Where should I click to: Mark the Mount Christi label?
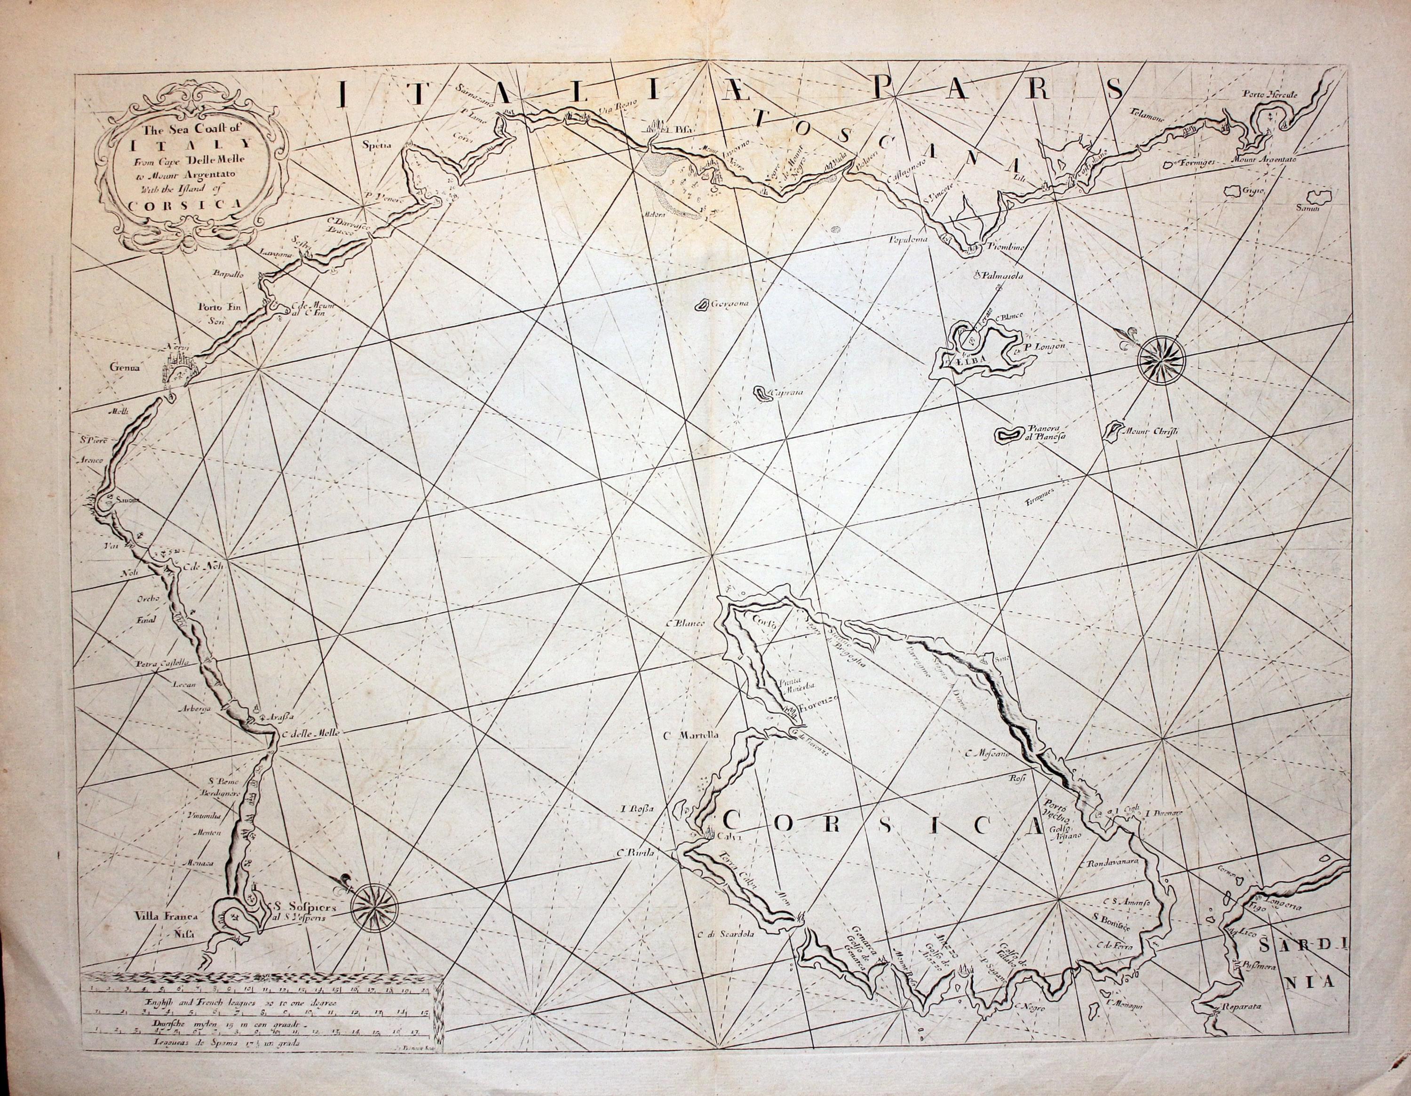(1152, 432)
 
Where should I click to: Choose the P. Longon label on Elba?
(1043, 346)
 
